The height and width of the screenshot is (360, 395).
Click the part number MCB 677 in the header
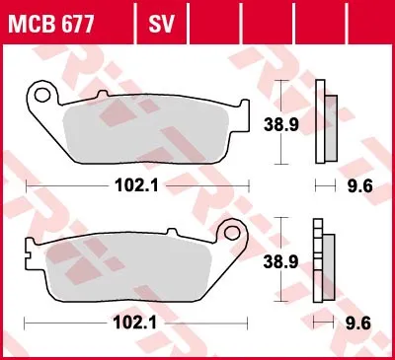tap(51, 24)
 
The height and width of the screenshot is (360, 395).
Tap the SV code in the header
tap(161, 24)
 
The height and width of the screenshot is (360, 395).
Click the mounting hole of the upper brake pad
tap(41, 95)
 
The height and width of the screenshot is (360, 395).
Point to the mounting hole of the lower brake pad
tap(232, 233)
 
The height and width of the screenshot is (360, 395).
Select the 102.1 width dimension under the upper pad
tap(136, 186)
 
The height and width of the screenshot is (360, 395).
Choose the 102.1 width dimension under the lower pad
tap(135, 324)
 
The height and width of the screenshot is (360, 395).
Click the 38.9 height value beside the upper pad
tap(281, 125)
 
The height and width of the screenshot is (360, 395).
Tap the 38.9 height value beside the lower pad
tap(280, 262)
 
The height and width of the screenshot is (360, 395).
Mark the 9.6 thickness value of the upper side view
tap(360, 186)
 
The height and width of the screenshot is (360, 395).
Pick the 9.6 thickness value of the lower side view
tap(358, 324)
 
